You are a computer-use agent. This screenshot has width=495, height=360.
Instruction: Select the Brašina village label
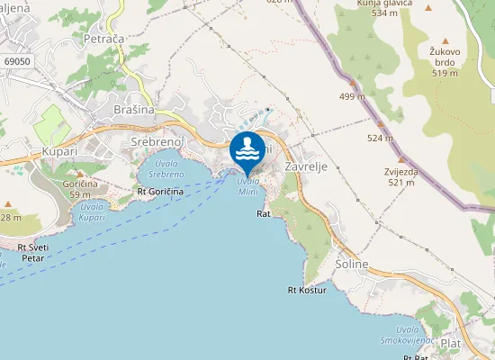pos(134,109)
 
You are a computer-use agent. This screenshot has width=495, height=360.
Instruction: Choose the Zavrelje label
pos(304,166)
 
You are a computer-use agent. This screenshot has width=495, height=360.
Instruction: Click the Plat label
pos(451,343)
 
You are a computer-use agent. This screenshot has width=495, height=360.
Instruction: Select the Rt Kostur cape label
pos(306,290)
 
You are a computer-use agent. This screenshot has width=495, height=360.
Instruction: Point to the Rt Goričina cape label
pos(160,192)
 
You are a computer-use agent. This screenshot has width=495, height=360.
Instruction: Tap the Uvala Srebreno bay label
pos(166,168)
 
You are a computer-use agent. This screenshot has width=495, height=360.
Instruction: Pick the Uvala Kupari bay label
pos(92,212)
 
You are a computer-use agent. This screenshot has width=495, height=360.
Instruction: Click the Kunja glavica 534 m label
pos(378,8)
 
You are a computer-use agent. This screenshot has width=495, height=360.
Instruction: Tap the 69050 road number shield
pos(17,61)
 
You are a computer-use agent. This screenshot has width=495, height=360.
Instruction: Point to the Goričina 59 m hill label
pos(81,188)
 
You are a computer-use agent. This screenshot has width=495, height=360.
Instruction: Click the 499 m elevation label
pos(352,96)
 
